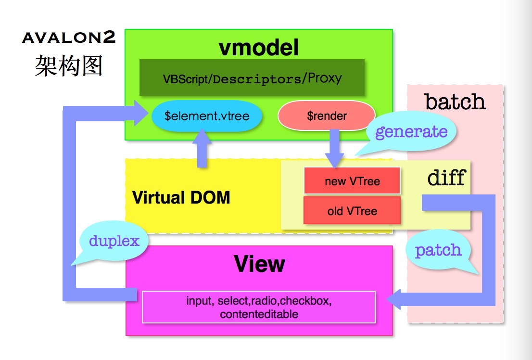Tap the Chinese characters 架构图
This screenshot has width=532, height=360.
pos(69,65)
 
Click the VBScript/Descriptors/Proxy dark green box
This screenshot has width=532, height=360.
pos(252,78)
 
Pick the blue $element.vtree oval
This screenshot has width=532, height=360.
pos(207,116)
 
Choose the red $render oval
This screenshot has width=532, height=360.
pos(326,116)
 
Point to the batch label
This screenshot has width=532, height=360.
pos(455,102)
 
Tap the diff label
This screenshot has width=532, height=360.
pos(446,178)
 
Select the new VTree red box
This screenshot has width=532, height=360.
pos(352,181)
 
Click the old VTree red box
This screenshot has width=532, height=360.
pos(352,211)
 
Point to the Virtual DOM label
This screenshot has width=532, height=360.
pos(181,197)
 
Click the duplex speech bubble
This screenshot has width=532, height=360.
pos(114,241)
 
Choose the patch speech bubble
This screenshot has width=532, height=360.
pos(438,250)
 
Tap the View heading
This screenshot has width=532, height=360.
pos(259,264)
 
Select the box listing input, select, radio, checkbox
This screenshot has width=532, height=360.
pos(259,307)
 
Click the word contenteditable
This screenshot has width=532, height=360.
pos(259,314)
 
